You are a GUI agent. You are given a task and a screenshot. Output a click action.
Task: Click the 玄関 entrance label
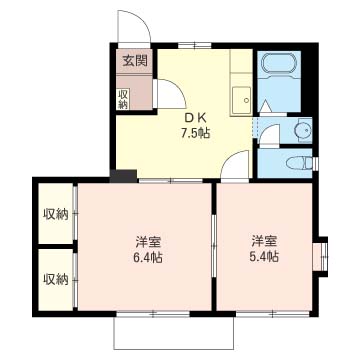pos(135,60)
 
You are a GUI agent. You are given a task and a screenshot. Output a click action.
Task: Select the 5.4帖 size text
pos(264,257)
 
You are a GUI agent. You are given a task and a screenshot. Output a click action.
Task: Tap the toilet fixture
pos(297,163)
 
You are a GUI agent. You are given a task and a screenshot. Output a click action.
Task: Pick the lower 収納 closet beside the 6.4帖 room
pos(55,278)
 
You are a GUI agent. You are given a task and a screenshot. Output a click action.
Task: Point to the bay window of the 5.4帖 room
pos(323,256)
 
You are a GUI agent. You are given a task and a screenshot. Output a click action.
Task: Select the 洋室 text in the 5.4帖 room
pos(264,240)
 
